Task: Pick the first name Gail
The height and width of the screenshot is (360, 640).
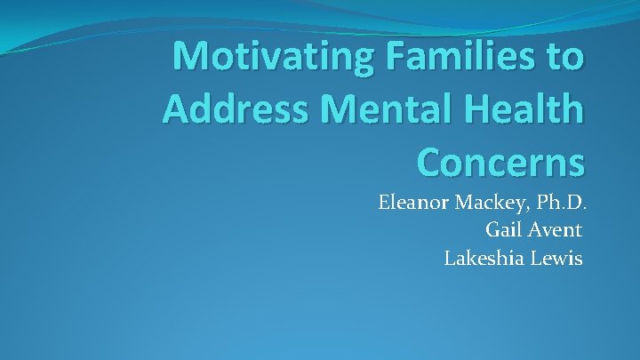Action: click(x=504, y=230)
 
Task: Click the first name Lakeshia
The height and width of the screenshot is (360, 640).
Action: click(x=483, y=258)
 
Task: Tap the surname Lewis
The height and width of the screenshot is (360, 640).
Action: click(x=556, y=258)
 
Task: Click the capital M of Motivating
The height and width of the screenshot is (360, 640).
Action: click(x=190, y=56)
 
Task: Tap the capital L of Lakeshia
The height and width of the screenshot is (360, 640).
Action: click(x=450, y=258)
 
